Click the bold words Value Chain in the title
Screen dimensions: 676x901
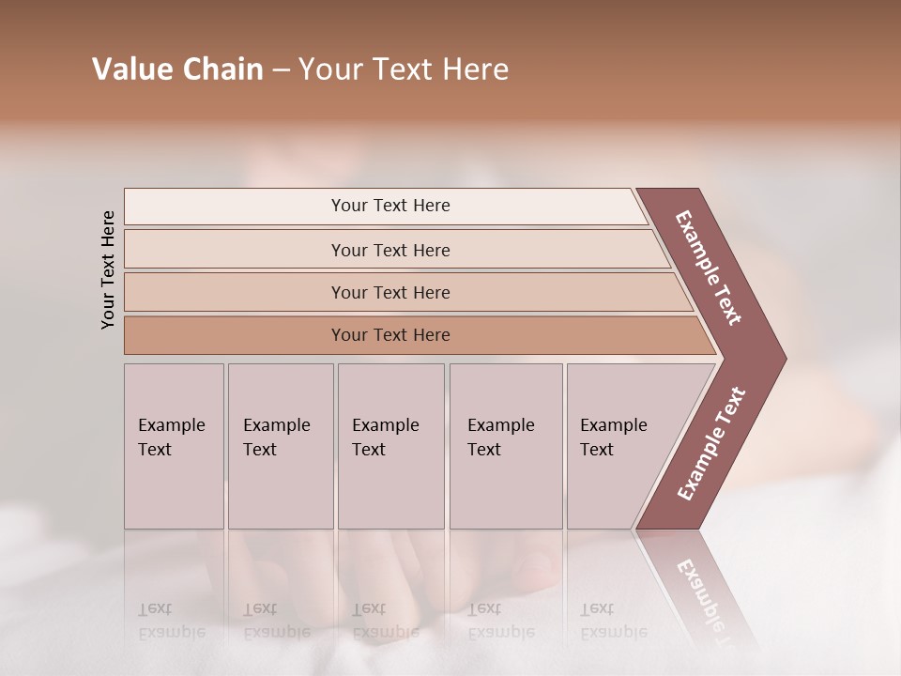(x=177, y=69)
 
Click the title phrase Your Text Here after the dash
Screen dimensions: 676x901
(x=404, y=69)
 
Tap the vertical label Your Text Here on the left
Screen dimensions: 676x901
(x=108, y=269)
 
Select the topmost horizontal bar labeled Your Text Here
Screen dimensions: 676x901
(x=389, y=206)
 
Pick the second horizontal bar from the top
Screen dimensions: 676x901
(x=389, y=250)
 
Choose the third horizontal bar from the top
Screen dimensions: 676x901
(x=389, y=292)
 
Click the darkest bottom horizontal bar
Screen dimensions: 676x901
(x=389, y=335)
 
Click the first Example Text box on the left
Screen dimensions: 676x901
(x=174, y=446)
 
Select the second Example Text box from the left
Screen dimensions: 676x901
(x=280, y=446)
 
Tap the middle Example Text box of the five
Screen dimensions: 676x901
(x=390, y=446)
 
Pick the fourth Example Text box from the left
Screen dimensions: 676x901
(x=505, y=446)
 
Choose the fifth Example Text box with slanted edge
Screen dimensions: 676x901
(x=619, y=446)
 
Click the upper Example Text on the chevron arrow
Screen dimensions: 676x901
(x=709, y=268)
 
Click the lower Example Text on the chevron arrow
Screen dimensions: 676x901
(x=711, y=444)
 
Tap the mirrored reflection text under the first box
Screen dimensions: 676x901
(x=171, y=621)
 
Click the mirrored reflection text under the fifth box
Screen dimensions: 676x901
(x=613, y=621)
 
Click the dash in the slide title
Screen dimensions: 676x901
(x=281, y=70)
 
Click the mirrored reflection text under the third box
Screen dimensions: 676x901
(x=385, y=621)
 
